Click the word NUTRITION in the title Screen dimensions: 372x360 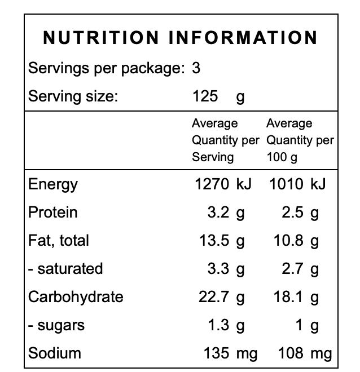[x=102, y=38]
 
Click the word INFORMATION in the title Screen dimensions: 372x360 [x=244, y=38]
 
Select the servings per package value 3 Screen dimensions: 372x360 [x=196, y=69]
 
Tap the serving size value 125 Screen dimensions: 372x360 [x=205, y=96]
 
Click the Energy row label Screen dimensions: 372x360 [x=53, y=184]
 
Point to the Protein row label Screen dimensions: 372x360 [x=53, y=212]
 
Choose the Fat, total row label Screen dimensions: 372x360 [x=59, y=241]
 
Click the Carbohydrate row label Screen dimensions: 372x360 [x=76, y=297]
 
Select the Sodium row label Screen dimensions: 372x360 [x=55, y=353]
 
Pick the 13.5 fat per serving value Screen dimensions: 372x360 [x=214, y=241]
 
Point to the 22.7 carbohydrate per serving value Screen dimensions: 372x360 [x=214, y=297]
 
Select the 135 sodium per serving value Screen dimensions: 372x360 [x=217, y=353]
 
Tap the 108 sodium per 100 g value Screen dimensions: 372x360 [x=291, y=353]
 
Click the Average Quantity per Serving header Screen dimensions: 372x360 [x=225, y=140]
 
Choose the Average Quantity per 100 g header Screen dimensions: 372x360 [x=300, y=140]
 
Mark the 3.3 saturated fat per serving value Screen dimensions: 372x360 [x=218, y=269]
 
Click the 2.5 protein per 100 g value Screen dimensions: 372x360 [x=293, y=212]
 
